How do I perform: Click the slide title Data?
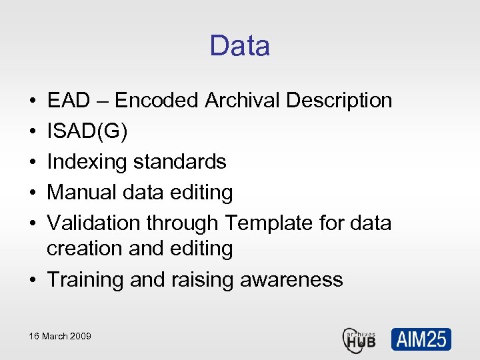click(x=239, y=46)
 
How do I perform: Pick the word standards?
click(x=180, y=162)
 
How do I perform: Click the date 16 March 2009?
click(x=60, y=336)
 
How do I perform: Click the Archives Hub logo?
click(x=359, y=339)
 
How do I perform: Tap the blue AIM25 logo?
click(x=421, y=339)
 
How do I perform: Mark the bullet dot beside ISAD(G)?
click(x=33, y=132)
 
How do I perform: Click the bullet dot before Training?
click(x=33, y=280)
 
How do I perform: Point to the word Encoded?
click(x=157, y=101)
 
